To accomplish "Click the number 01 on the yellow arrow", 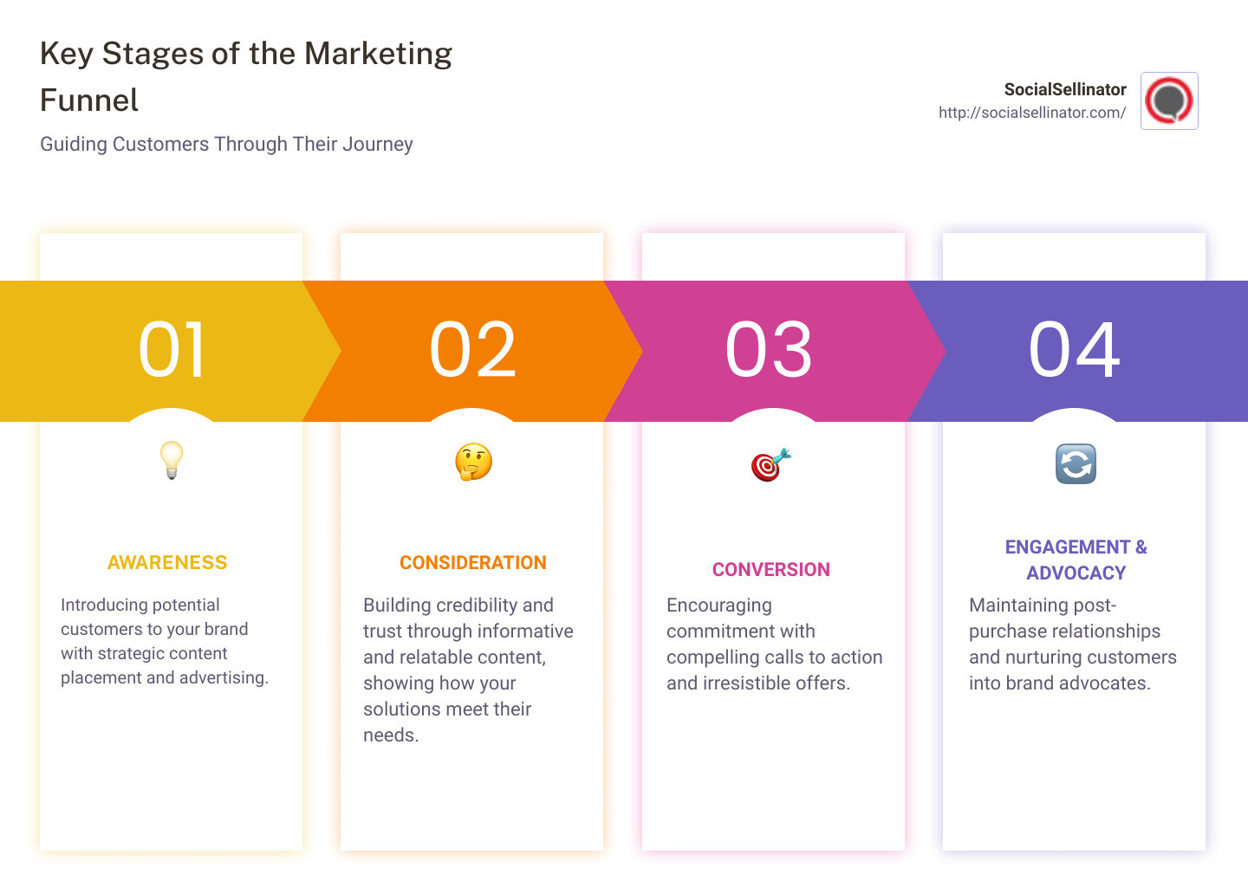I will (172, 350).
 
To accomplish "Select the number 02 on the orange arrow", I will (472, 350).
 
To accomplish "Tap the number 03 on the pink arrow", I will (769, 350).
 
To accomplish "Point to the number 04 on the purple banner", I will (1074, 350).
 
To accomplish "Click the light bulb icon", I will (172, 460).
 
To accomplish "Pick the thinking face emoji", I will (473, 463).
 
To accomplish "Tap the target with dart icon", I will (770, 464).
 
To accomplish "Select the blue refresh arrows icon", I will (1076, 463).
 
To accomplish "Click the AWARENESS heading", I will (167, 563).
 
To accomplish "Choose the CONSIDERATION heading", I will (473, 563).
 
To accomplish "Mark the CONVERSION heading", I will (771, 570).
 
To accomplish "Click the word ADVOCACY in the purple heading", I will (1076, 573).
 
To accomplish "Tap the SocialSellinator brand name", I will (1065, 89).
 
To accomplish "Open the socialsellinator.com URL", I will (1032, 113).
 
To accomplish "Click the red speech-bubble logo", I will (1169, 100).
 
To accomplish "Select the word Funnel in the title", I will (89, 100).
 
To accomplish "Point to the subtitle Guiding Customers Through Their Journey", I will (226, 144).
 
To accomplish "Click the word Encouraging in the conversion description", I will (719, 605).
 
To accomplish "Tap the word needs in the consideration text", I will (390, 735).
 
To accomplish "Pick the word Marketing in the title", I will (378, 54).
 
